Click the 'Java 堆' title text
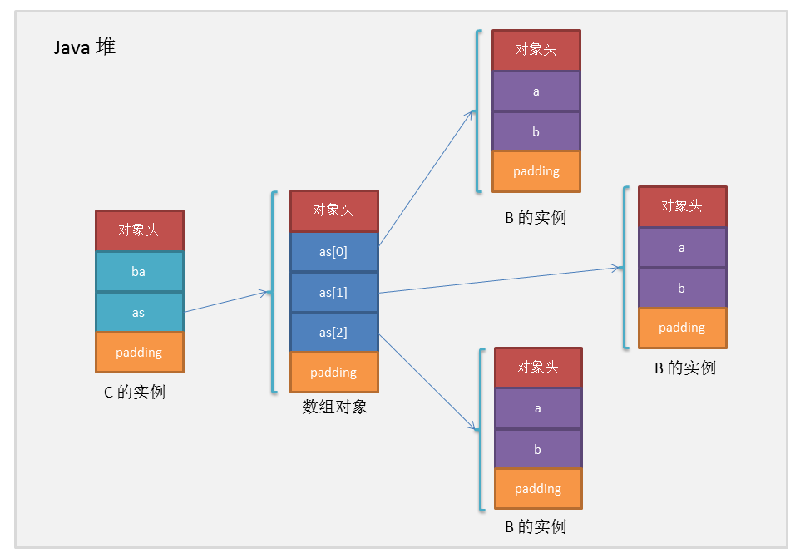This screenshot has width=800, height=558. (84, 47)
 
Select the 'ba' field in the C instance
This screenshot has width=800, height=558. (139, 272)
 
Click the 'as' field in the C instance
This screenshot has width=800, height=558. (139, 313)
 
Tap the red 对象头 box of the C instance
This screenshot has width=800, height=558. (139, 230)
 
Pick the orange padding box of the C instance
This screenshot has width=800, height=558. (139, 353)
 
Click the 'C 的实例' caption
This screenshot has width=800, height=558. (135, 392)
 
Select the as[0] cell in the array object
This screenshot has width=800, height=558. (333, 252)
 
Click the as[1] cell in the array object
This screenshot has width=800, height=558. (333, 293)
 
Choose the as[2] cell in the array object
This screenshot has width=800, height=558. (333, 333)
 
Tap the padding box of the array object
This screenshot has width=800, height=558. (333, 373)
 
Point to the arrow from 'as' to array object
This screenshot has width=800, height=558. (227, 302)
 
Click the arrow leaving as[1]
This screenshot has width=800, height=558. (499, 280)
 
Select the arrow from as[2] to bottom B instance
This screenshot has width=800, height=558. (428, 383)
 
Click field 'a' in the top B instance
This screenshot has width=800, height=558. (536, 91)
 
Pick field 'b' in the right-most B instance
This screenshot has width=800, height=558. (682, 289)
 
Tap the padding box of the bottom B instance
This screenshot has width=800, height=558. (538, 489)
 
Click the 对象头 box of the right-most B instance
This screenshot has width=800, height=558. (682, 206)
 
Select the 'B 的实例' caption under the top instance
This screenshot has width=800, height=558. (536, 218)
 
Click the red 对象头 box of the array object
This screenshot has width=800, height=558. (333, 210)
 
